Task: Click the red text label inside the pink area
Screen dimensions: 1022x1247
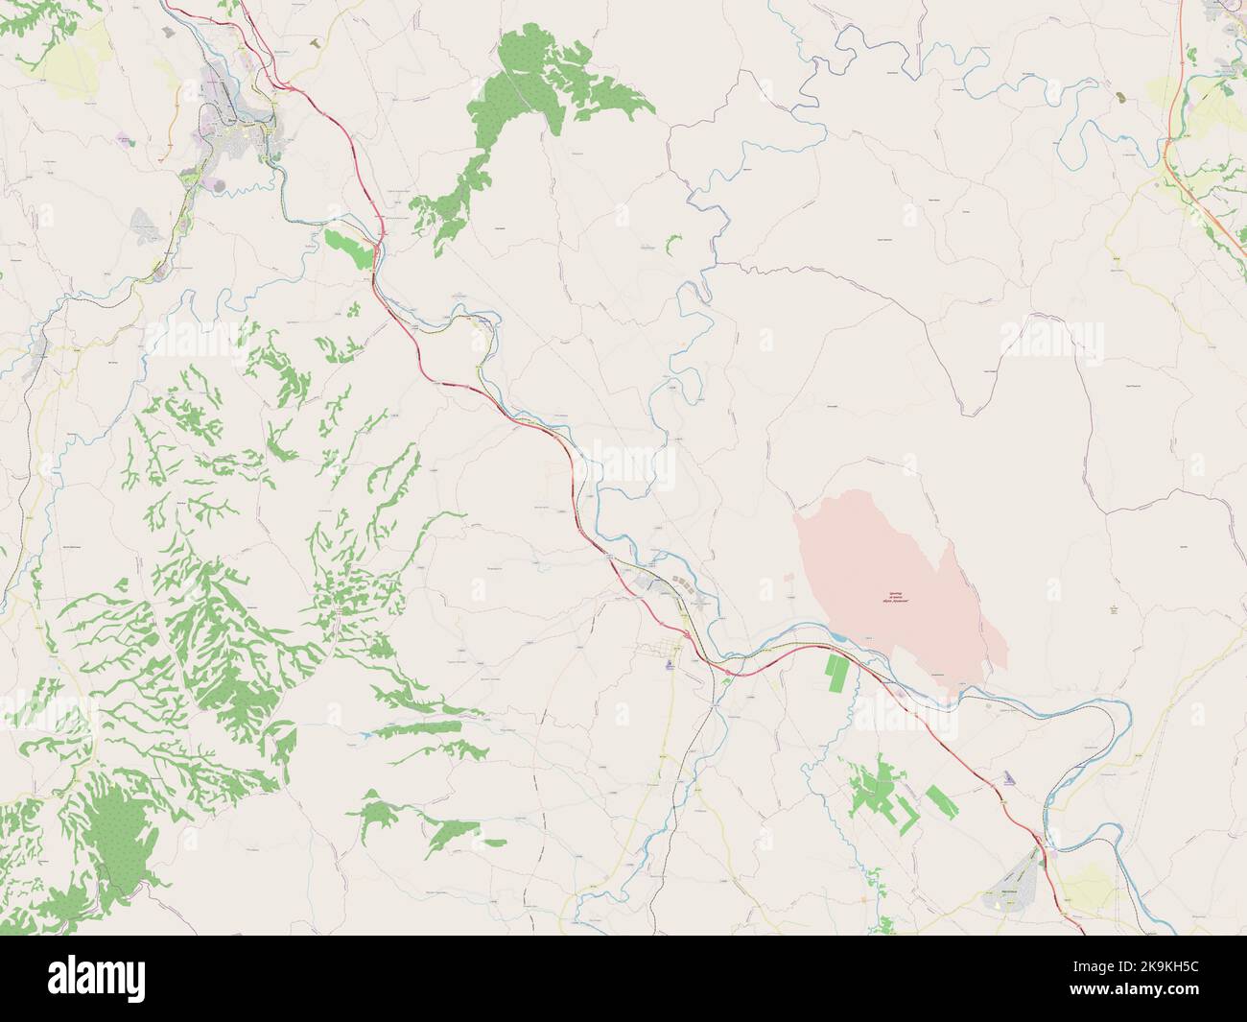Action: coord(895,600)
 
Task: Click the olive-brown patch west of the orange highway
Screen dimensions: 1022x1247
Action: coord(1121,98)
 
